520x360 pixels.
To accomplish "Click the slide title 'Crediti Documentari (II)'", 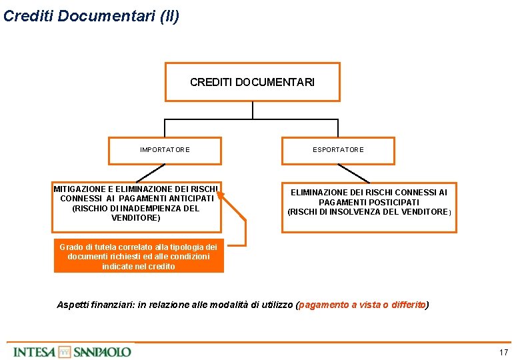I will (91, 16).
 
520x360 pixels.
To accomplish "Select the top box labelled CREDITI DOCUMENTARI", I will (252, 82).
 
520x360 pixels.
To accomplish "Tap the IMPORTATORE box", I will (165, 150).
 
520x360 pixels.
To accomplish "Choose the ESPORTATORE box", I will (338, 150).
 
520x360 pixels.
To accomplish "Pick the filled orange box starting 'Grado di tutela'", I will (139, 257).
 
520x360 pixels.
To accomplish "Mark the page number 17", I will (503, 352).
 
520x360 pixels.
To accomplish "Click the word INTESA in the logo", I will (34, 351).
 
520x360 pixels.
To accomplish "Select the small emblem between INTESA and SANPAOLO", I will (64, 351).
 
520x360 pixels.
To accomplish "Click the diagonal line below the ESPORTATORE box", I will (354, 173).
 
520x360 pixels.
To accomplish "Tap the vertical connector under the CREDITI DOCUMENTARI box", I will (253, 110).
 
